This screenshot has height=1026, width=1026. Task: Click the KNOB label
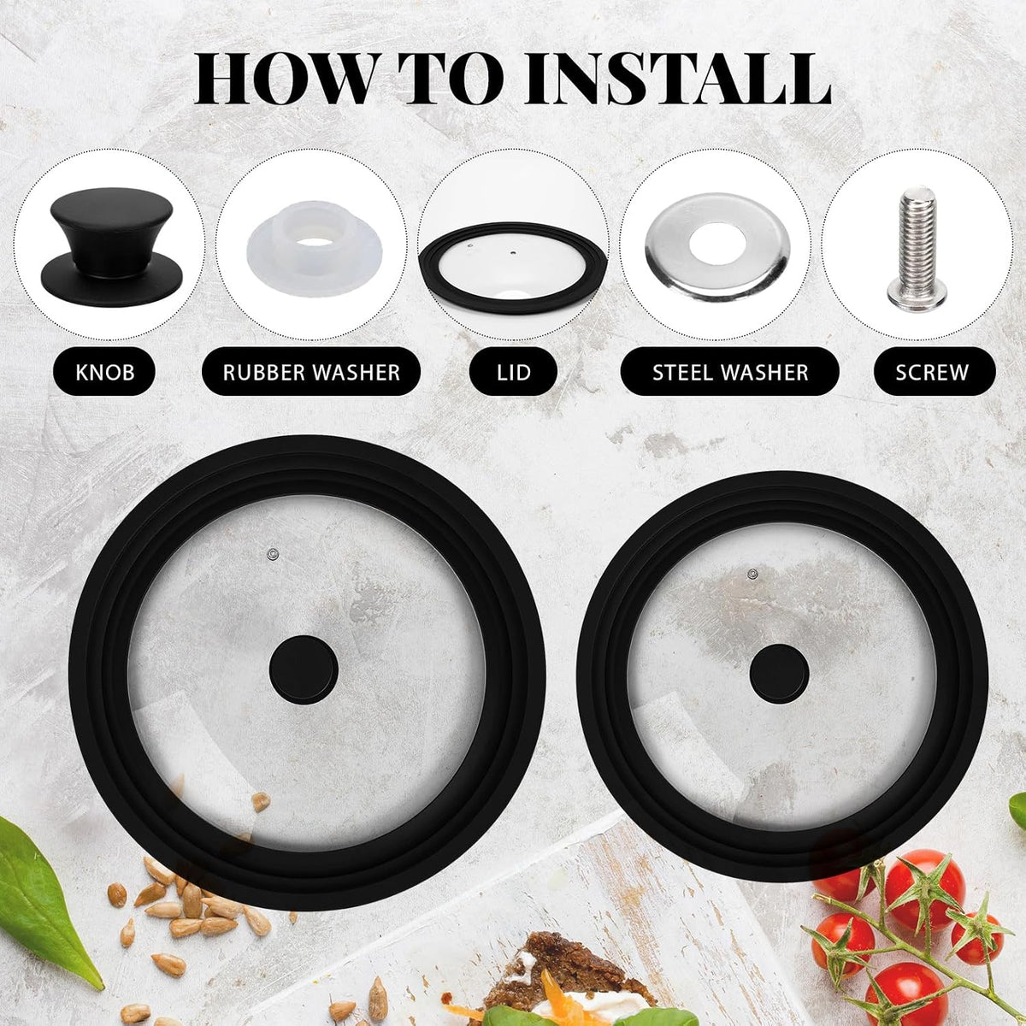pyautogui.click(x=105, y=372)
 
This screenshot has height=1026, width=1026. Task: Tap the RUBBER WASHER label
pyautogui.click(x=311, y=372)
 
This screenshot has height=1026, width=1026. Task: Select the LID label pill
pyautogui.click(x=513, y=372)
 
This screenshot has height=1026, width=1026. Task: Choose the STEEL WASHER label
pyautogui.click(x=730, y=372)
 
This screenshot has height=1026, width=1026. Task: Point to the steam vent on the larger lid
pyautogui.click(x=273, y=554)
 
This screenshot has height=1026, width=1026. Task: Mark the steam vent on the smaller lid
pyautogui.click(x=752, y=574)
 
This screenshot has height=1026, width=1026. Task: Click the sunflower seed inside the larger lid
pyautogui.click(x=261, y=801)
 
